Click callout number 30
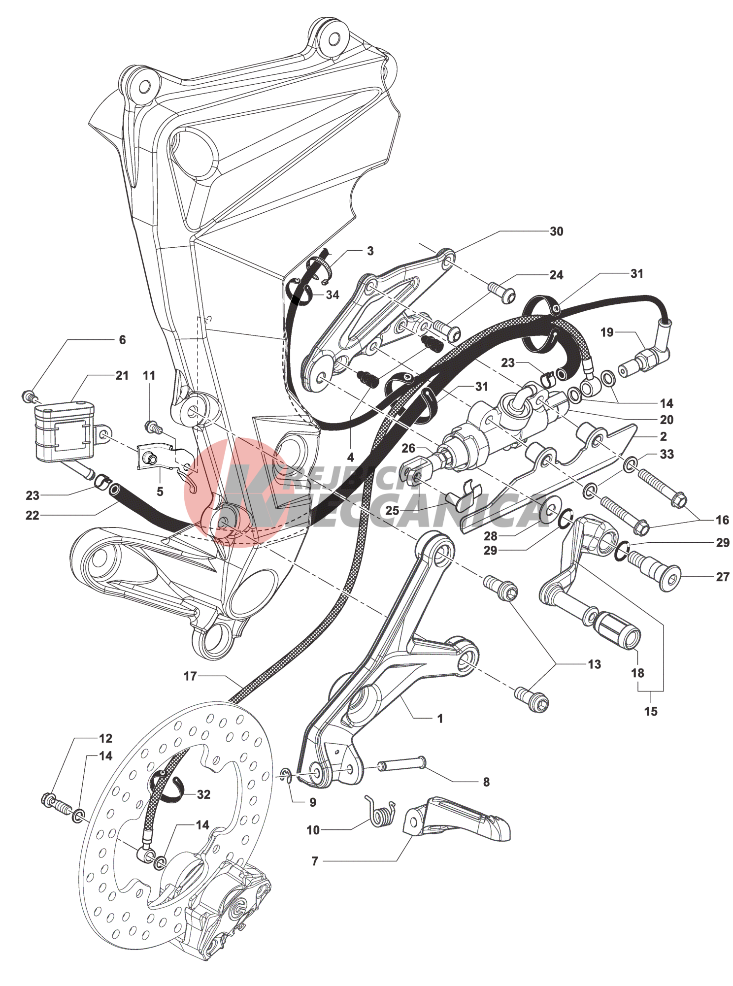click(x=556, y=231)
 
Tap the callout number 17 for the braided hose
click(x=190, y=676)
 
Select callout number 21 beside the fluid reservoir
click(x=122, y=376)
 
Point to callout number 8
click(x=486, y=782)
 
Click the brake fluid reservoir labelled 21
click(x=63, y=431)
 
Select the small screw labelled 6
click(x=29, y=395)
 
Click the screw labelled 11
click(x=153, y=427)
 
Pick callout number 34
click(x=333, y=295)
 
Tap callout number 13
click(x=594, y=664)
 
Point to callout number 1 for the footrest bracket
click(x=440, y=719)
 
